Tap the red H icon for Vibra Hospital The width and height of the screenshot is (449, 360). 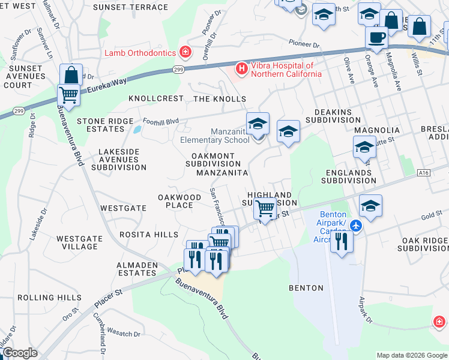[241, 69]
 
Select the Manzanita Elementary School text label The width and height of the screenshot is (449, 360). [214, 136]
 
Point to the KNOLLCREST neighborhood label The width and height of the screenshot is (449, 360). [151, 98]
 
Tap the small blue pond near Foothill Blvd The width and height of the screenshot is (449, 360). [137, 129]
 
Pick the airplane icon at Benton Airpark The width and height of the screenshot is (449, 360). [356, 226]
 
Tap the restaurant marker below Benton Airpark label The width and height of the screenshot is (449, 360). [342, 241]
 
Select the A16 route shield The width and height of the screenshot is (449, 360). [424, 173]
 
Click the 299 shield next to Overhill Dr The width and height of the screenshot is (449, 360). [178, 70]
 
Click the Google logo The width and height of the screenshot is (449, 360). [20, 353]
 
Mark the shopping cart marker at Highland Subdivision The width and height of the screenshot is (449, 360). [265, 209]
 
